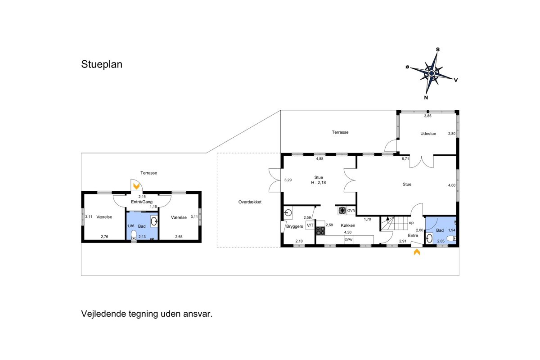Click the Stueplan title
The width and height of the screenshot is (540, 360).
102,64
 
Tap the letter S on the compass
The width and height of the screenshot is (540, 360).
438,49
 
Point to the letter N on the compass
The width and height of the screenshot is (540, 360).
426,98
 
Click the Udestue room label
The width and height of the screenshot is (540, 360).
428,134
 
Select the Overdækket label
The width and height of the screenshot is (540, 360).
250,202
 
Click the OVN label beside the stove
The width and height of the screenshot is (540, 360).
351,211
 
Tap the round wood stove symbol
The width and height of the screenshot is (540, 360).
342,211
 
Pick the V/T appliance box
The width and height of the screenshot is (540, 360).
310,225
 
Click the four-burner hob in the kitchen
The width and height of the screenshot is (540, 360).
320,231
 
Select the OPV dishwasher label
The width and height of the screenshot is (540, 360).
349,240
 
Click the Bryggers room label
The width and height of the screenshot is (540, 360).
295,226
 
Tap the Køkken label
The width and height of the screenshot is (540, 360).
348,225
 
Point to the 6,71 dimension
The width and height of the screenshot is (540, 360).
405,159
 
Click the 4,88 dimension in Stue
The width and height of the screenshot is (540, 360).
319,159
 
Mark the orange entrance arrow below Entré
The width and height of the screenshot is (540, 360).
417,252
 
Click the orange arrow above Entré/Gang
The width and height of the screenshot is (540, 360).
136,186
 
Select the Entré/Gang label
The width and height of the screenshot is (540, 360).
142,202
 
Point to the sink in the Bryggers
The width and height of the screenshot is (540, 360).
288,213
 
